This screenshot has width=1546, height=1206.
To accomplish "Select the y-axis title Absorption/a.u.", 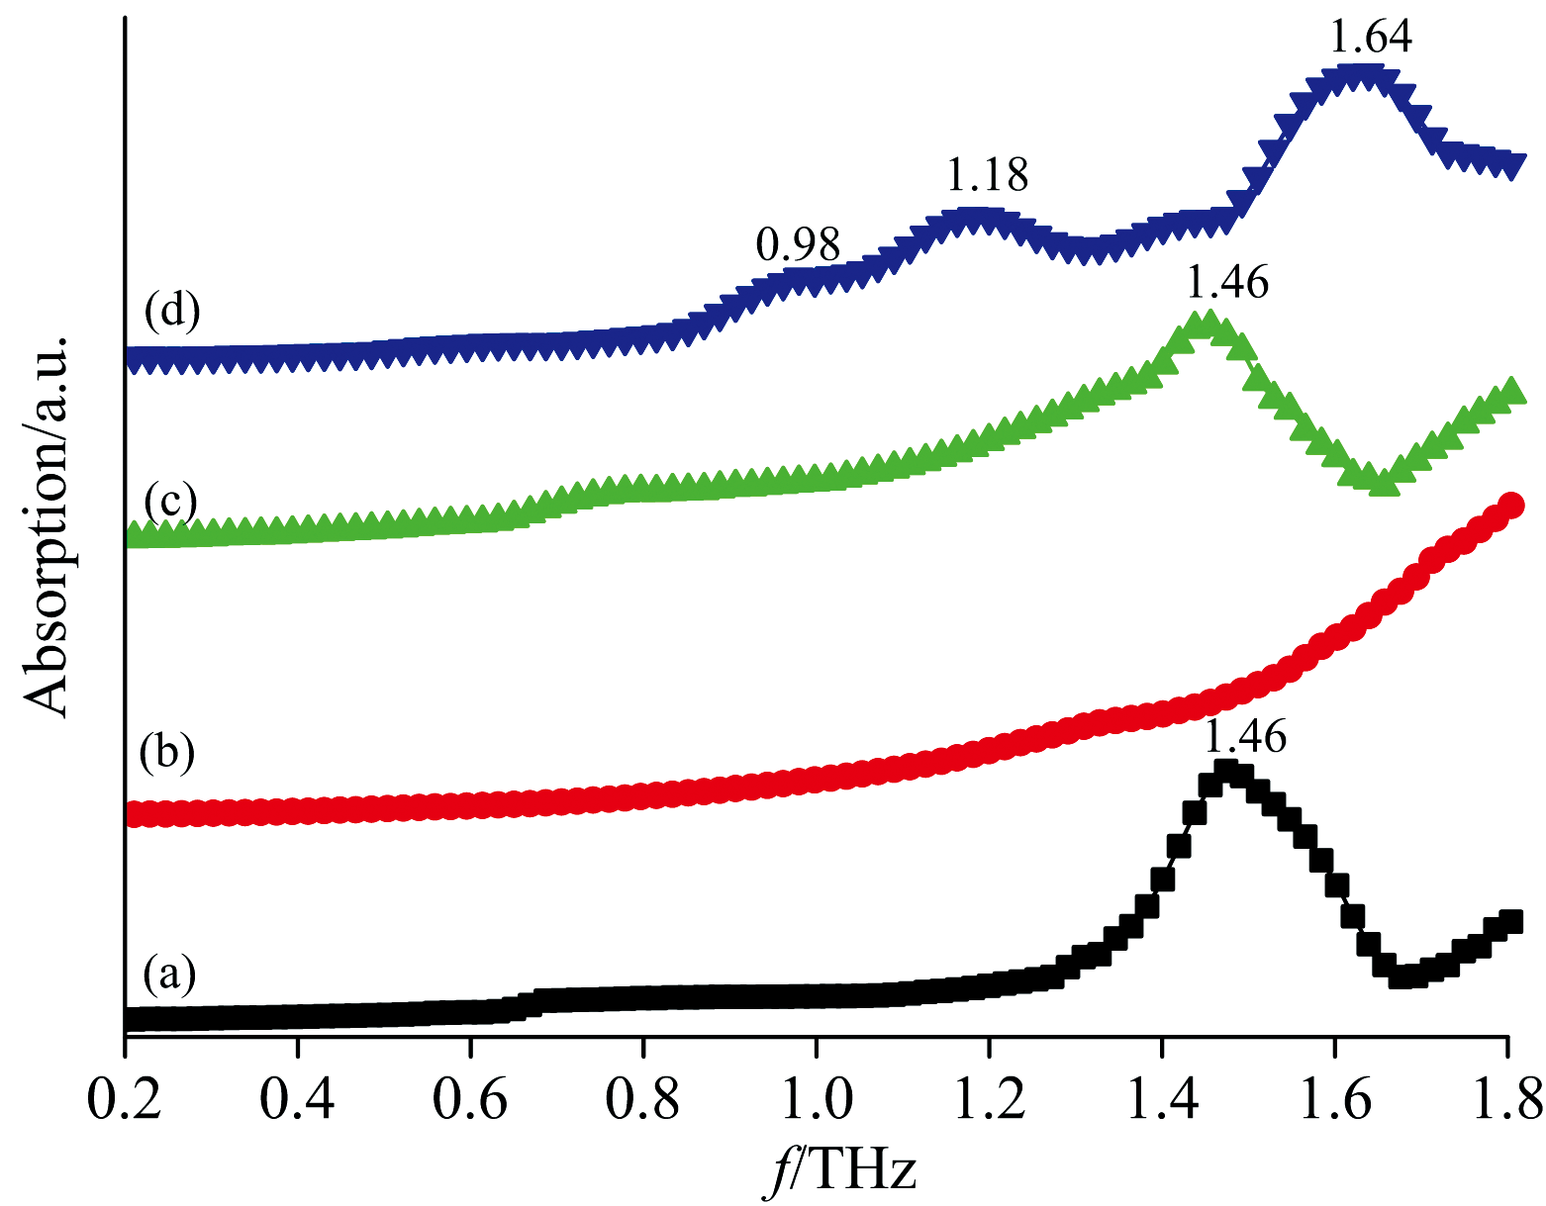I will [47, 525].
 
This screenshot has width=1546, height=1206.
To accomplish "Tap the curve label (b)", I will [167, 752].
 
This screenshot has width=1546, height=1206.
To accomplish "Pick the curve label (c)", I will [171, 501].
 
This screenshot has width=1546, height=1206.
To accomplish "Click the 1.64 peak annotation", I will [1371, 38].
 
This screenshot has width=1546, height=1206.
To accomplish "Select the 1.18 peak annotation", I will [988, 176].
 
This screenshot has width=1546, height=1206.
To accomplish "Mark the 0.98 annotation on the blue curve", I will [798, 243].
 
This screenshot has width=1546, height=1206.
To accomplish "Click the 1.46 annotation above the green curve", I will [1226, 283].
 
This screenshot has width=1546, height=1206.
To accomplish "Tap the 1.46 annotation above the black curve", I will [1245, 737].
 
